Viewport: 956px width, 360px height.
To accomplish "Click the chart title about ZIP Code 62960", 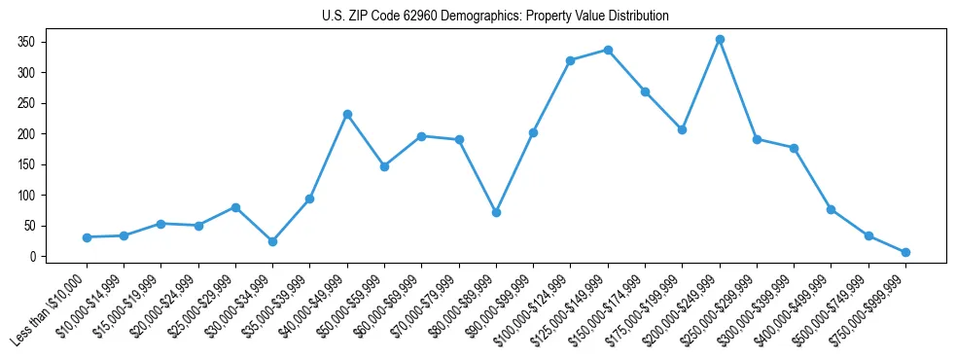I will (495, 17).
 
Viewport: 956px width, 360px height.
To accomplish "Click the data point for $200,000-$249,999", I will (720, 39).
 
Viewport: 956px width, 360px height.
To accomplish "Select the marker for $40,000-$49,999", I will (347, 114).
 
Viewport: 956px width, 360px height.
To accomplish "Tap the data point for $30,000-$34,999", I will (272, 241).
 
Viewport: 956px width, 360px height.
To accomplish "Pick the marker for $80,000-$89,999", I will (496, 212).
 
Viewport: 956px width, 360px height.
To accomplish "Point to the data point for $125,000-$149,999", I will (608, 49).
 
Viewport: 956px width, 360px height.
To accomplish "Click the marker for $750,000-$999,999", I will (905, 252).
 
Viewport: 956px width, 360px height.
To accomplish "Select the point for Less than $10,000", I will (87, 237).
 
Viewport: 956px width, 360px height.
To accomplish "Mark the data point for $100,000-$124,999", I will (571, 60).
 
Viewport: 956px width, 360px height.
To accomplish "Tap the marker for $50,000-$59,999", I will (384, 166).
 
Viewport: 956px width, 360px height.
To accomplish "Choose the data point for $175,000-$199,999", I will (682, 129).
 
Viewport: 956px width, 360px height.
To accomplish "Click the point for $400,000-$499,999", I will (831, 209).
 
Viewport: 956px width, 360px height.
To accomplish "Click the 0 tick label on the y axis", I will (32, 257).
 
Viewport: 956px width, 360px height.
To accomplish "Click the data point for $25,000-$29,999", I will (235, 207).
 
